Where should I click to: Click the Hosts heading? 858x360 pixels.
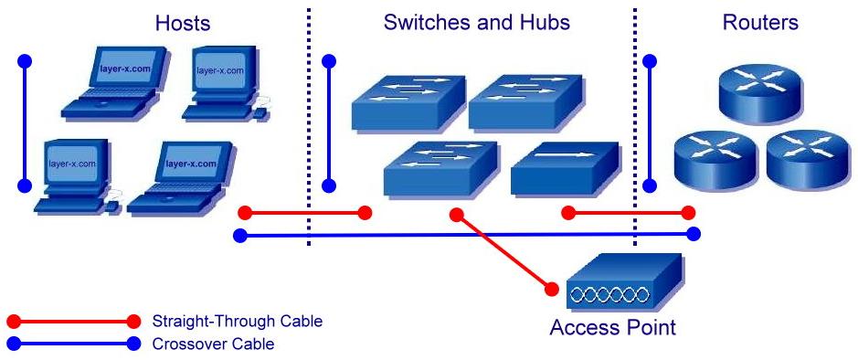(182, 22)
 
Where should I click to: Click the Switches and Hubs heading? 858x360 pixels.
(476, 22)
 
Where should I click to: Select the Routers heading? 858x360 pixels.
(760, 22)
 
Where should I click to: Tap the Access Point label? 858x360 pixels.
(612, 327)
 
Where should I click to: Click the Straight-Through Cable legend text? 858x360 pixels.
(238, 322)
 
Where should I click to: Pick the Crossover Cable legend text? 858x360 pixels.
(213, 344)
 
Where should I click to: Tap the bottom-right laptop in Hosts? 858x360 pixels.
(178, 178)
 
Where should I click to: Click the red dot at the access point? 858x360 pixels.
(552, 290)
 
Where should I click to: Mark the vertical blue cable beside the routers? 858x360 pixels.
(650, 123)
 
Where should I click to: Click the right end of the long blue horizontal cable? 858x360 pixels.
(694, 234)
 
